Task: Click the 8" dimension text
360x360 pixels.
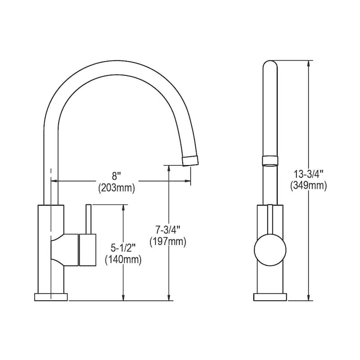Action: (116, 177)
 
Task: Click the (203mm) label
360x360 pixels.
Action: (117, 188)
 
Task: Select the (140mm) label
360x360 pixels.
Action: (123, 260)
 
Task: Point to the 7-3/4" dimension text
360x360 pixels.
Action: (167, 229)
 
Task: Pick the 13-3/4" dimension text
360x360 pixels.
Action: (309, 172)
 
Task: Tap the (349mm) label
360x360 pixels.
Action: (309, 185)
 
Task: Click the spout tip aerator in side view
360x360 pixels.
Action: (190, 160)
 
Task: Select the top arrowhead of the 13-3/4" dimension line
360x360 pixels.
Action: (308, 64)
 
